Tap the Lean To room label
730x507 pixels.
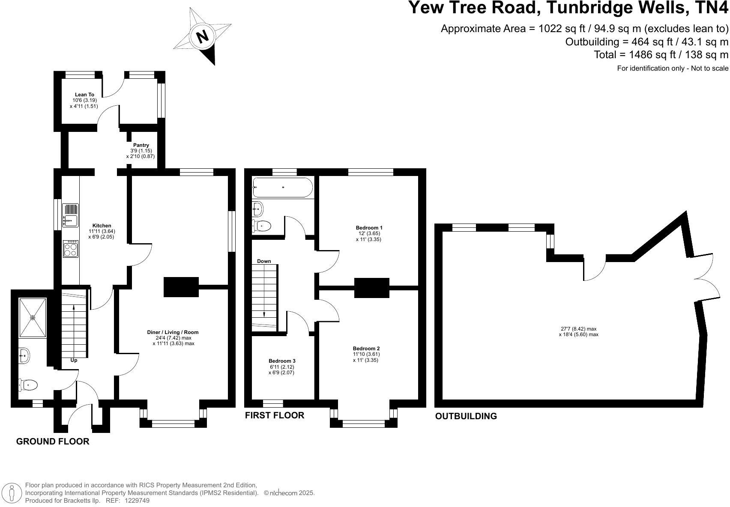[x=84, y=95]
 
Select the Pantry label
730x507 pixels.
[x=141, y=146]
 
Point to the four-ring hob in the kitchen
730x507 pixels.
[x=71, y=249]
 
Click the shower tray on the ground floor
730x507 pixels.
[x=33, y=317]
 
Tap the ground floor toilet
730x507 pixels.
[x=28, y=385]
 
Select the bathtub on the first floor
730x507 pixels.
[x=283, y=187]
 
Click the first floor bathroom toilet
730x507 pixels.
[x=261, y=226]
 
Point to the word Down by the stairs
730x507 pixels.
[x=264, y=261]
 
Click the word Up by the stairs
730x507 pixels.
[x=74, y=360]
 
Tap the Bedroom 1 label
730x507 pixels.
[x=369, y=228]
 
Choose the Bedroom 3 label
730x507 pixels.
[x=282, y=361]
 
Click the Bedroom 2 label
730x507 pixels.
[x=366, y=349]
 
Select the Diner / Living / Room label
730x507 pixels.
[x=173, y=332]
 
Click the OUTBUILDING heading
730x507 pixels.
[x=466, y=416]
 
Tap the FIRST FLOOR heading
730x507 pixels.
[x=274, y=415]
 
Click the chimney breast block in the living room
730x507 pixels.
[x=181, y=287]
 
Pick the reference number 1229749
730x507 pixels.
[x=137, y=500]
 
